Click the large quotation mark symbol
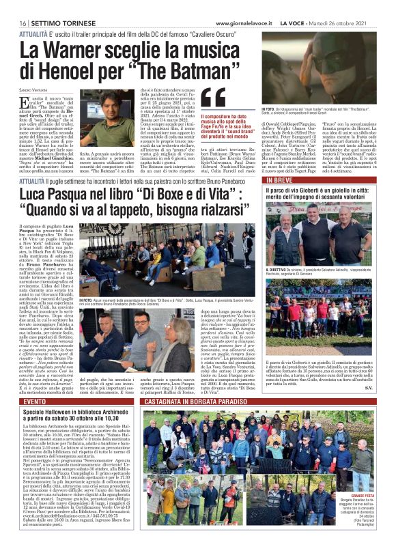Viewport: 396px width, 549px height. point(205,100)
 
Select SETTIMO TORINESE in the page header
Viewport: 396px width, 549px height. point(50,5)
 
